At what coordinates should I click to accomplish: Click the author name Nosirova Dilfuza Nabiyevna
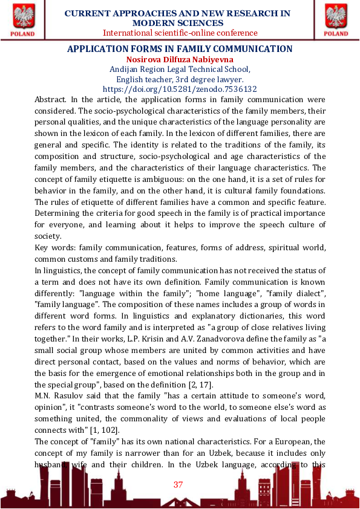coord(180,59)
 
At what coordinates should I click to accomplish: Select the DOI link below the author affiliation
coord(180,88)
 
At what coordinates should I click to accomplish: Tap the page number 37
coord(178,484)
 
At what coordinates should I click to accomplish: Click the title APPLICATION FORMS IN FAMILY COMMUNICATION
coord(180,49)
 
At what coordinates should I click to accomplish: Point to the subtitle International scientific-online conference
coord(180,33)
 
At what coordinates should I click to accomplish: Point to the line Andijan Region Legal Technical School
coord(180,69)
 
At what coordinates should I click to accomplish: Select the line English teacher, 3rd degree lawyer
coord(180,79)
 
